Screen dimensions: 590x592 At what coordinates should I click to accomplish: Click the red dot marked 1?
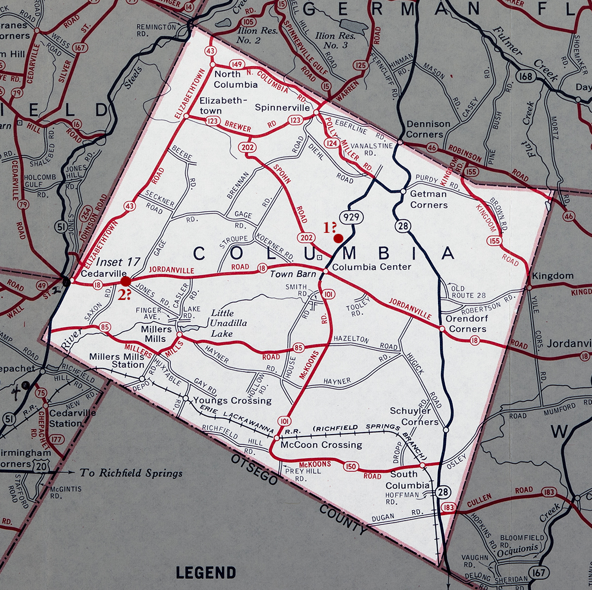(338, 238)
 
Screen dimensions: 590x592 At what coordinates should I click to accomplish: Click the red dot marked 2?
(126, 281)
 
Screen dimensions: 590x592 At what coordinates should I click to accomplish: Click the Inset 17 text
(118, 262)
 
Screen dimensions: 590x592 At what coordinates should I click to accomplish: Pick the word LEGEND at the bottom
(206, 573)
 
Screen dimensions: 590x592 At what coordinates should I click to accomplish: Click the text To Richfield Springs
(131, 473)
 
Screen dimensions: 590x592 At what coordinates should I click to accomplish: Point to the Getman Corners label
(429, 199)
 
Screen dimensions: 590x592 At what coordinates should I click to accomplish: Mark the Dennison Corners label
(428, 129)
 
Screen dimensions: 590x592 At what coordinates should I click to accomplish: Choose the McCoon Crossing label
(321, 444)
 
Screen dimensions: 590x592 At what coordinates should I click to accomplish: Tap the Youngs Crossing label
(232, 400)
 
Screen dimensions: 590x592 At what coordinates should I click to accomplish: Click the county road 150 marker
(351, 467)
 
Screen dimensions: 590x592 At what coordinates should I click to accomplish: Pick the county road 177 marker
(57, 439)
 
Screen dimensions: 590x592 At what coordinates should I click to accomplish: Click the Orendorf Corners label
(466, 324)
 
